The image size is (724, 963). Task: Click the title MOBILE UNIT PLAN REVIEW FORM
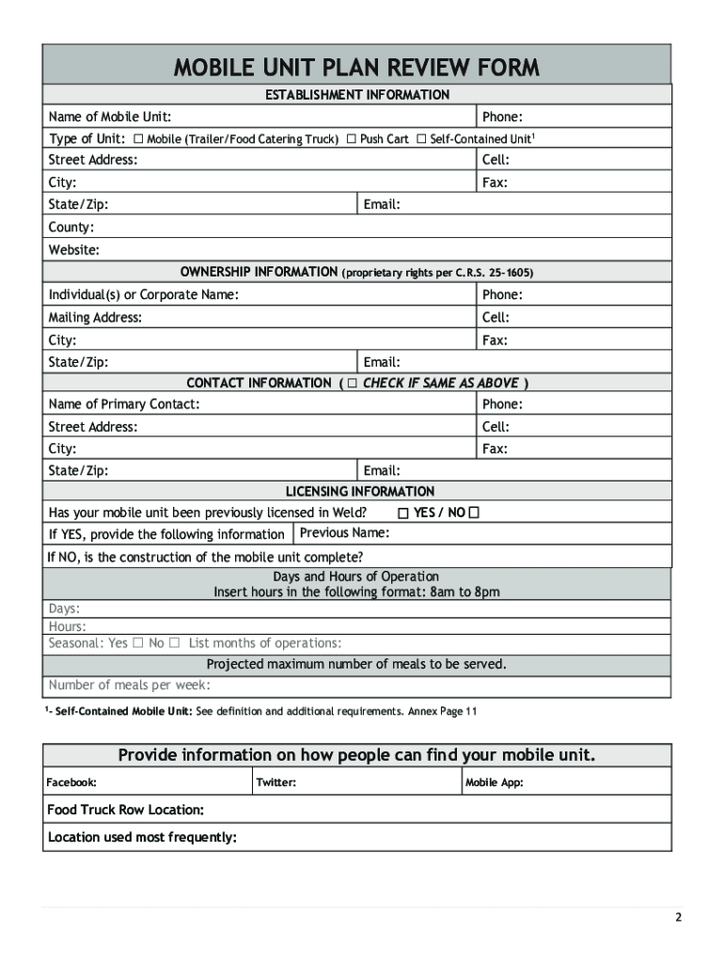click(356, 67)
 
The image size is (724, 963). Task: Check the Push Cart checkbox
click(351, 139)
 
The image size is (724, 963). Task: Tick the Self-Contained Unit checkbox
click(421, 139)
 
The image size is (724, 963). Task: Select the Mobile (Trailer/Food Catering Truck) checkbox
click(138, 139)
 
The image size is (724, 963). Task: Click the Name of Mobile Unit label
click(110, 117)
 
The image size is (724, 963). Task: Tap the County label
click(71, 228)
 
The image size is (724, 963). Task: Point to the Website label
click(74, 250)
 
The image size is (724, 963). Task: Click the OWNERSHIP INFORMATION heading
click(259, 272)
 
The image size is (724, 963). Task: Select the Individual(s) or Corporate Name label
click(143, 295)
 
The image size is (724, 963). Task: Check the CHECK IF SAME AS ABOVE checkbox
click(352, 384)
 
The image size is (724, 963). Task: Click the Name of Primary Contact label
click(124, 404)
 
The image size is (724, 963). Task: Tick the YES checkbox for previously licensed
click(403, 513)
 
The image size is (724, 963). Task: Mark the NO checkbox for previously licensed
click(474, 513)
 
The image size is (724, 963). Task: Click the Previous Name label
click(344, 533)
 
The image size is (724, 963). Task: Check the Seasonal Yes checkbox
click(137, 643)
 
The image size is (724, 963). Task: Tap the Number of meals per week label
click(129, 685)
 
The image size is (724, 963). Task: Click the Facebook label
click(72, 782)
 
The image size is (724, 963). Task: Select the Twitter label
click(276, 782)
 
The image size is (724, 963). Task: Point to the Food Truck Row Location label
click(126, 810)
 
